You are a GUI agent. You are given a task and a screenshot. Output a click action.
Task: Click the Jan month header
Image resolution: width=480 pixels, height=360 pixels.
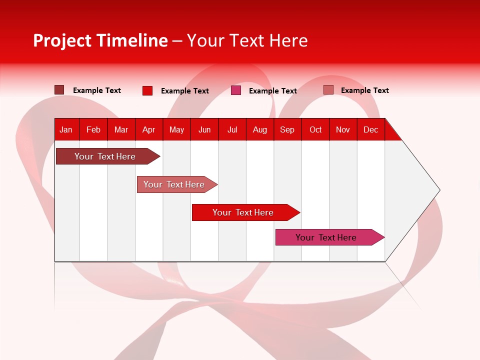pos(66,129)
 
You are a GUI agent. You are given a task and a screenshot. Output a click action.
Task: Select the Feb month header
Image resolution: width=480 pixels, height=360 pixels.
pos(93,129)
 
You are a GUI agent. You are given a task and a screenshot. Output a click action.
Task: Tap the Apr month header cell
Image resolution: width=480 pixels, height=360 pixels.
pos(148,129)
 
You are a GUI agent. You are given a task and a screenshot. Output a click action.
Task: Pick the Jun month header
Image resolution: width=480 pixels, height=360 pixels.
pos(204,129)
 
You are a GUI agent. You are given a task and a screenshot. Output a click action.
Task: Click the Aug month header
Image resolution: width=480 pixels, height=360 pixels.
pos(260,129)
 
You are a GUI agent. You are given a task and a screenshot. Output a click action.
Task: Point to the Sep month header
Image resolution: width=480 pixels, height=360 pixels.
pos(287,129)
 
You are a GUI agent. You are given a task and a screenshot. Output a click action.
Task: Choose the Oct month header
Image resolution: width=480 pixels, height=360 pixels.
pos(315,129)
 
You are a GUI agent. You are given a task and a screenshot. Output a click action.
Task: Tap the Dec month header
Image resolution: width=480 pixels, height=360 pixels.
pos(371,129)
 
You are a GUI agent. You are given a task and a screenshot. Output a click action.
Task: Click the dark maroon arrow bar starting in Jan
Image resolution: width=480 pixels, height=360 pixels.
pos(105,156)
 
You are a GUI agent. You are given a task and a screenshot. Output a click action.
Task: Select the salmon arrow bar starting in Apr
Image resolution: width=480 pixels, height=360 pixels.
pos(174,184)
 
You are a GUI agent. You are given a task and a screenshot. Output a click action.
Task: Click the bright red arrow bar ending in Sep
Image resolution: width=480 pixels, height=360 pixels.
pos(243,212)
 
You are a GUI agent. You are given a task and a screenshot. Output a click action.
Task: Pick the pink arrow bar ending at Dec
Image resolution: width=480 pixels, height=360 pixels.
pos(326,237)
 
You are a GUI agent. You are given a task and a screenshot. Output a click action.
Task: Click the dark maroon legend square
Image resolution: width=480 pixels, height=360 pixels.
pos(59,90)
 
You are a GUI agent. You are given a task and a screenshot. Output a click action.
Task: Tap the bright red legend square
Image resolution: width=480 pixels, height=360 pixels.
pos(147,90)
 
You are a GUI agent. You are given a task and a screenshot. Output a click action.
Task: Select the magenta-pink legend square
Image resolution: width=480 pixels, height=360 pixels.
pos(236,90)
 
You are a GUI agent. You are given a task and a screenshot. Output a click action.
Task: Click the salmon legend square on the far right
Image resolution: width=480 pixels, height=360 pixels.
pos(328,90)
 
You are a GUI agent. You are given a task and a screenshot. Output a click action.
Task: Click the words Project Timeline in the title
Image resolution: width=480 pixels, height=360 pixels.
pos(100,40)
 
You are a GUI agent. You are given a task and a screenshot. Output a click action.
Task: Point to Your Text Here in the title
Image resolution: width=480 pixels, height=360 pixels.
pos(247,40)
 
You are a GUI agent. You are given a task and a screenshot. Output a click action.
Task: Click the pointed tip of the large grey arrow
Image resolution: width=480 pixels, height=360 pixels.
pos(438,190)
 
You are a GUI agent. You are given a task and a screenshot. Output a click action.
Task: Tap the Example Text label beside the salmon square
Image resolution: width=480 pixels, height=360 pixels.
pos(364,90)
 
